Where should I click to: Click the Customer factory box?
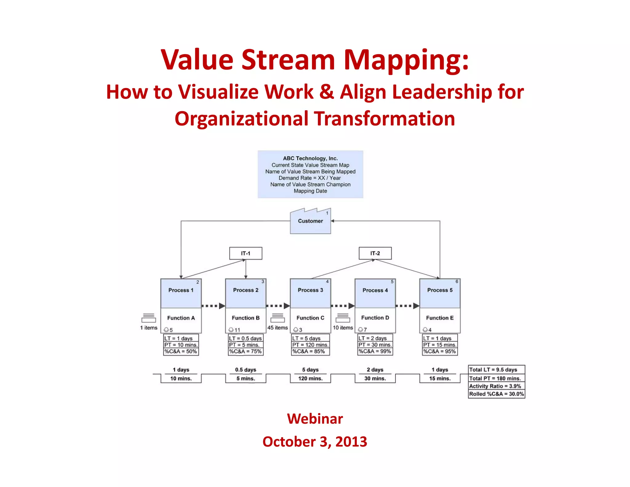point(310,221)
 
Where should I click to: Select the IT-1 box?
point(245,253)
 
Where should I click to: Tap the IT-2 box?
point(375,253)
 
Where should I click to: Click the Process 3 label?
point(310,290)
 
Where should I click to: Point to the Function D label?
point(375,318)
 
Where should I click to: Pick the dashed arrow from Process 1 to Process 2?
point(213,306)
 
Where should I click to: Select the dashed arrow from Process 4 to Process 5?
point(407,306)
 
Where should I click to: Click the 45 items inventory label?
point(277,328)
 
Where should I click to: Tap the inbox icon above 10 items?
point(343,318)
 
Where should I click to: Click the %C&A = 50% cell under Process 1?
point(181,352)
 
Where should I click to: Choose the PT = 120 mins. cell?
point(310,345)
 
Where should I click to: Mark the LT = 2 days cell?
point(375,338)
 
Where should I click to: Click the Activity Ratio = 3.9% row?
point(496,386)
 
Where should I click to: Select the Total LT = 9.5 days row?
point(496,369)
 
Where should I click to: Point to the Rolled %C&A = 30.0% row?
point(496,394)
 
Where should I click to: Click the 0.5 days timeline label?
point(245,370)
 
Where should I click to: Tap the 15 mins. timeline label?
point(440,379)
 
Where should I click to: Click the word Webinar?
point(315,419)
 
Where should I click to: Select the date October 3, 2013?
point(315,442)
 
